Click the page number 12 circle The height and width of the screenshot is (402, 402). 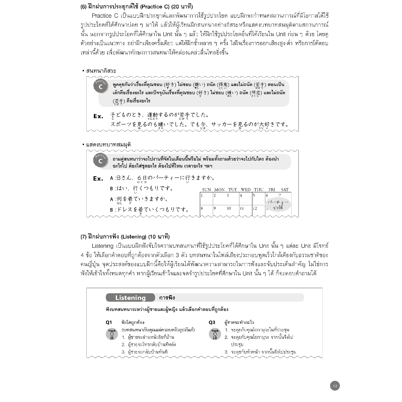point(334,386)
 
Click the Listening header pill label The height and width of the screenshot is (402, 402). point(130,298)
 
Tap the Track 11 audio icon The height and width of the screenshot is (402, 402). point(112,334)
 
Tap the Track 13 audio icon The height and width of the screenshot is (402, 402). point(215,334)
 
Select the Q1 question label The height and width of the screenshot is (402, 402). point(109,322)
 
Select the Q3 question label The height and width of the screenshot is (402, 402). point(212,322)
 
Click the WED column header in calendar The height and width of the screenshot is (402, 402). point(245,190)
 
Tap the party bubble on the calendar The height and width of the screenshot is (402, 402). point(278,205)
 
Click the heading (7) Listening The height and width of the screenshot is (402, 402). point(125,236)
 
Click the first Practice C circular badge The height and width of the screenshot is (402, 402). point(100,86)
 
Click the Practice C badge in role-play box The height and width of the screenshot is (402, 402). point(100,160)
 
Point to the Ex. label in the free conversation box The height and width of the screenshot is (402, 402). point(98,116)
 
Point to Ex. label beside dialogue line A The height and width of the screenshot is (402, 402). point(98,179)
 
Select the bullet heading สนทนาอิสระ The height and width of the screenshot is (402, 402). point(101,71)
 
